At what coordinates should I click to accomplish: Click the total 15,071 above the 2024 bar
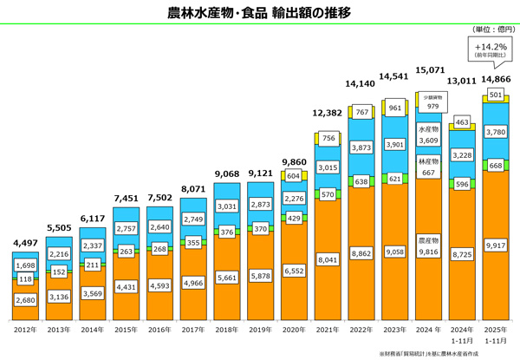coord(430,69)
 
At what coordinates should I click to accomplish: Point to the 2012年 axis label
coord(24,331)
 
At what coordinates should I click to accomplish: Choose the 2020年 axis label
coord(295,331)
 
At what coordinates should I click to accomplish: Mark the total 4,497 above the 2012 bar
coord(24,242)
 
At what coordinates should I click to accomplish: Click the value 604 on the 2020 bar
coord(295,175)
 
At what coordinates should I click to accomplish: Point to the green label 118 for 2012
coord(24,278)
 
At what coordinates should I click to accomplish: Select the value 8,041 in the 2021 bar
coord(328,259)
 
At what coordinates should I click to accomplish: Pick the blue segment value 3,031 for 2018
coord(227,206)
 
